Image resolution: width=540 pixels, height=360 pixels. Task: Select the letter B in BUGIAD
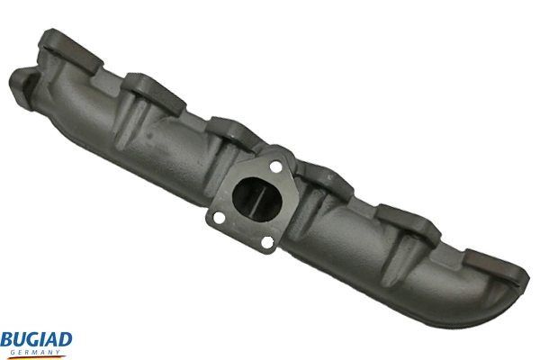[x=6, y=339]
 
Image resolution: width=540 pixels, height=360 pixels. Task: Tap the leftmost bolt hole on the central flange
[x=215, y=217]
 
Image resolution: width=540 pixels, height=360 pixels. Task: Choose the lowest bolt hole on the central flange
[x=267, y=240]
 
